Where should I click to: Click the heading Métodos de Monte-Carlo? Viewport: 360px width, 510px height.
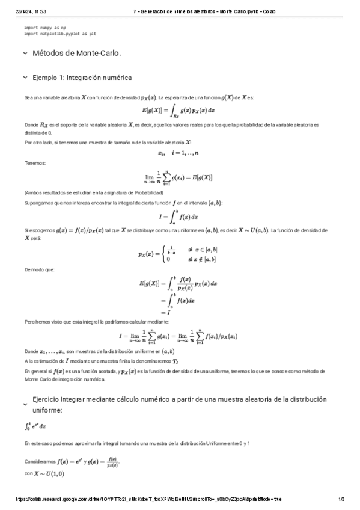[77, 54]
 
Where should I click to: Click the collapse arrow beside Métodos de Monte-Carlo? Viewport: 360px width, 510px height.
[25, 54]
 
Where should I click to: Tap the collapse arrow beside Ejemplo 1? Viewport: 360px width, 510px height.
[25, 78]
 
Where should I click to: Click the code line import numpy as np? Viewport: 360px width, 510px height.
[45, 28]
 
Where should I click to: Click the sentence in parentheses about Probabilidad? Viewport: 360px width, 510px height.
[94, 192]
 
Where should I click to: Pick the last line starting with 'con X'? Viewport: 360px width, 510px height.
[44, 473]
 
